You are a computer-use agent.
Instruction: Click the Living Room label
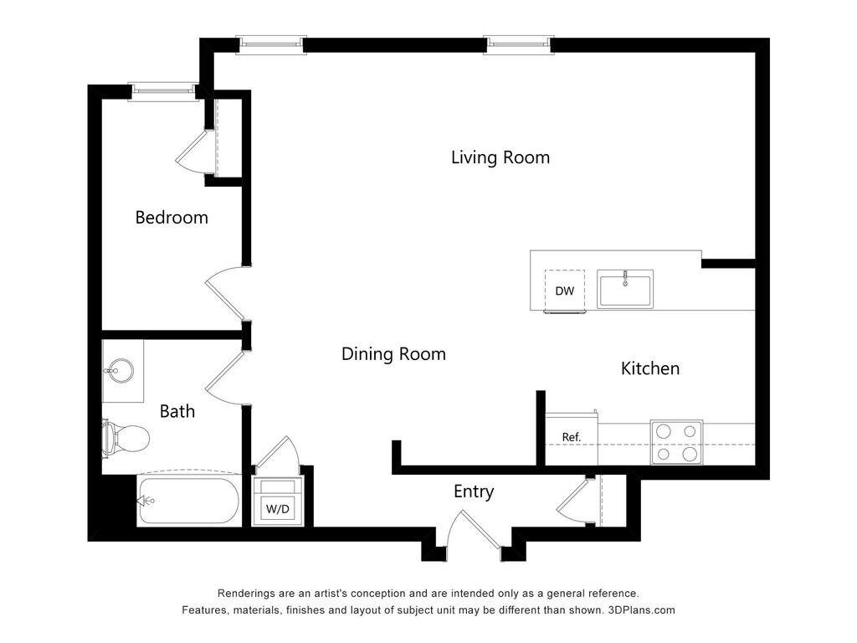point(500,157)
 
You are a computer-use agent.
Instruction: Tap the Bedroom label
point(172,218)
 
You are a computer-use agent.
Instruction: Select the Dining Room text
point(393,354)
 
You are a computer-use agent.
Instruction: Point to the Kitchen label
point(650,368)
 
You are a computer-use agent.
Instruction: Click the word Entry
point(474,491)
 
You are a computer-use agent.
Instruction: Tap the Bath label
point(177,411)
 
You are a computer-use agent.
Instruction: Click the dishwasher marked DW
point(565,291)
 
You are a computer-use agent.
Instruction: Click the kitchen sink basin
point(625,289)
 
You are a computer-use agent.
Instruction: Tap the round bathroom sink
point(119,371)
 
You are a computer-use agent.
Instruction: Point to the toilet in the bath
point(126,438)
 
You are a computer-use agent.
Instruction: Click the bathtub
point(188,501)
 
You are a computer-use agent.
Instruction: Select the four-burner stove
point(676,442)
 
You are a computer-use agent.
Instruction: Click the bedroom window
point(164,92)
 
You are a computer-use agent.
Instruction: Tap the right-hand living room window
point(519,45)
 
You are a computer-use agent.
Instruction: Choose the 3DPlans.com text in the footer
point(642,610)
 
